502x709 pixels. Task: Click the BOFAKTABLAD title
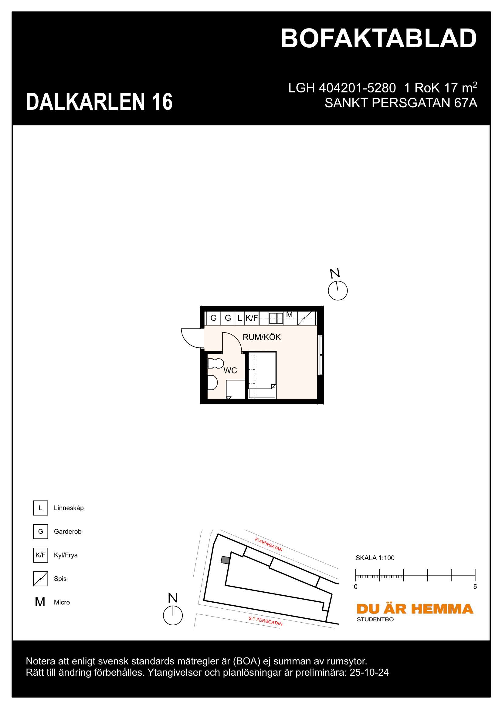pos(378,39)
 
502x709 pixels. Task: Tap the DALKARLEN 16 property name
pos(99,102)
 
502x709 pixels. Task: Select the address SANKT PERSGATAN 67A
pos(401,103)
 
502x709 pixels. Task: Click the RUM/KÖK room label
pos(262,337)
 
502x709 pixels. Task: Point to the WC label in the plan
pos(230,370)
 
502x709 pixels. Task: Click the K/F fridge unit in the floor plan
pos(252,318)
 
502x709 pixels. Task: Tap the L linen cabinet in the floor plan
pos(239,318)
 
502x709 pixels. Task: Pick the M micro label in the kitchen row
pos(289,315)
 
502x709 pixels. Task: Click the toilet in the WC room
pos(215,363)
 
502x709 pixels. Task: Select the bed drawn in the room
pos(263,375)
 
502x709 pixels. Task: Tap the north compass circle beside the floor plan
pos(337,291)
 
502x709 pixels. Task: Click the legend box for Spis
pos(40,579)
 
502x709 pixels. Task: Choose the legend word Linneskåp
pos(69,508)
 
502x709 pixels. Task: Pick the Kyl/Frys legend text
pos(66,555)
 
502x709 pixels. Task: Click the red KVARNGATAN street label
pos(268,544)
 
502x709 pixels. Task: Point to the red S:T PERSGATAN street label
pos(265,621)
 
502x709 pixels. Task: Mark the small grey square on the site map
pos(225,560)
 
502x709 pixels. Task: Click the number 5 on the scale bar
pos(475,587)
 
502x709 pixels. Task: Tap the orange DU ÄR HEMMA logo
pos(415,609)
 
